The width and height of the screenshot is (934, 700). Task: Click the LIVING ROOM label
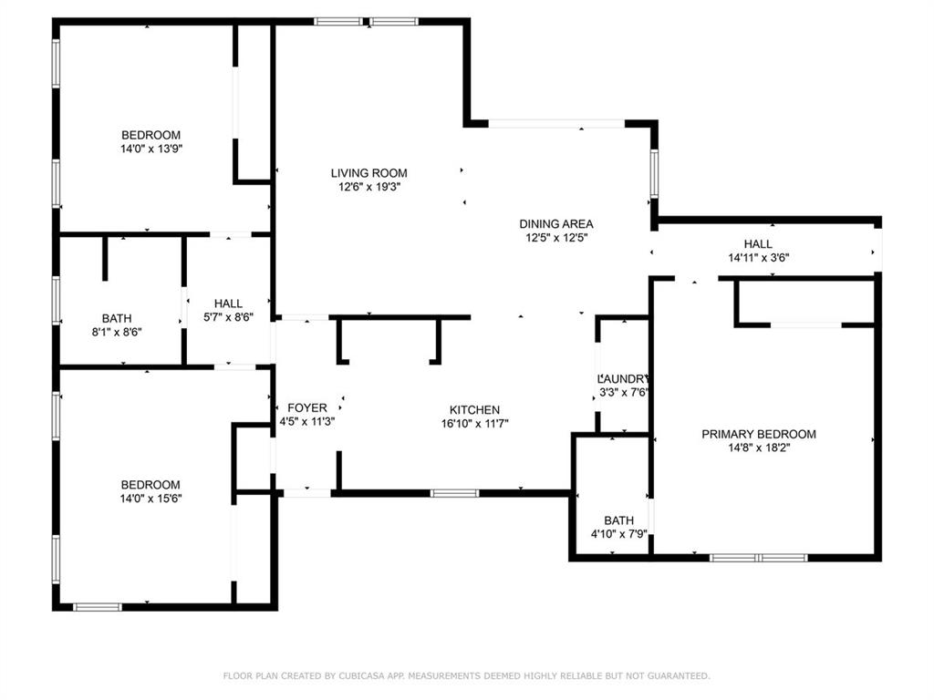coord(368,173)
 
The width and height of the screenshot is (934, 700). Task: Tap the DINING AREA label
coord(556,224)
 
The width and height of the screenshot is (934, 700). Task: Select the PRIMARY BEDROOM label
coord(758,435)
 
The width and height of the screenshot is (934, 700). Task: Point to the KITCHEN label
coord(474,410)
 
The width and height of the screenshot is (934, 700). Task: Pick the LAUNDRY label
coord(623,379)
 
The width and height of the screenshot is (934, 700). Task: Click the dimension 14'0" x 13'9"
coord(150,149)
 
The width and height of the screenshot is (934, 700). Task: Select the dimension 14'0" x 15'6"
coord(150,499)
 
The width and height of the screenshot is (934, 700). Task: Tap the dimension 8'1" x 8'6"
coord(116,332)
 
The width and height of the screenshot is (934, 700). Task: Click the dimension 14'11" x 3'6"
coord(758,258)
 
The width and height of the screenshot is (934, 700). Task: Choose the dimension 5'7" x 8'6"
coord(228,317)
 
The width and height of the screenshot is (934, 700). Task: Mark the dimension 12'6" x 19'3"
coord(368,187)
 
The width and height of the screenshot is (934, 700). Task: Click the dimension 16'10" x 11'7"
coord(474,424)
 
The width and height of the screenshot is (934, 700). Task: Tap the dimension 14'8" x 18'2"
coord(758,448)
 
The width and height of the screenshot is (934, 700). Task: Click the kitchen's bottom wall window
coord(454,493)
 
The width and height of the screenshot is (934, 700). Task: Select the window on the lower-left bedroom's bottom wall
coord(98,606)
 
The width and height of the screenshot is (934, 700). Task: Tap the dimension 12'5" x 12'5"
coord(556,238)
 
